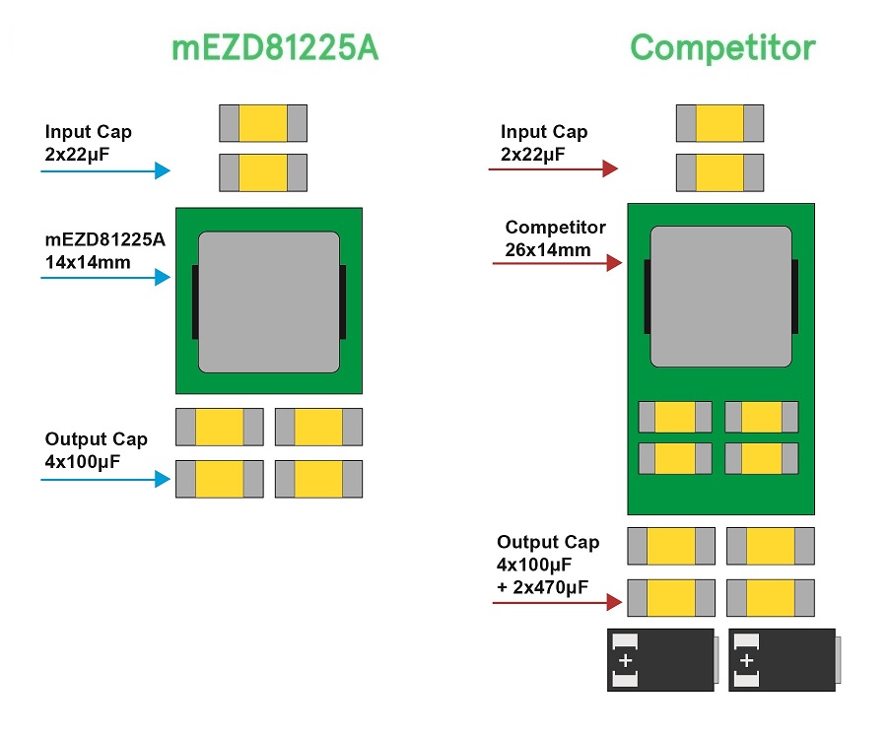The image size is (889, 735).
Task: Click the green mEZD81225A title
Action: [275, 47]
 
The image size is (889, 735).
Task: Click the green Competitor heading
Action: [722, 47]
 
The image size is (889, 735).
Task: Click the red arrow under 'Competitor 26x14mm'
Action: [557, 263]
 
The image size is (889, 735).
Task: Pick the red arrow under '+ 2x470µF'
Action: [557, 599]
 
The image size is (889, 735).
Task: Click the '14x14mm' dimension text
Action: [87, 263]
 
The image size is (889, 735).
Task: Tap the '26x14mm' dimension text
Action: [548, 249]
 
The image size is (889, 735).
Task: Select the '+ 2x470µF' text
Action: [543, 588]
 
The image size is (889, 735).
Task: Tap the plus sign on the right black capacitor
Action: [747, 660]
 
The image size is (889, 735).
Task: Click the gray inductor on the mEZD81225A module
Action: [269, 301]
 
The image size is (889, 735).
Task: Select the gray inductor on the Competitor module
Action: [720, 296]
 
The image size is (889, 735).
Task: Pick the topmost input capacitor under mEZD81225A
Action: [263, 123]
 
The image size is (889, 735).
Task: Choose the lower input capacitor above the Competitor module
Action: [719, 171]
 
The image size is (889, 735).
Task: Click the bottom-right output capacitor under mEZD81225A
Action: [318, 479]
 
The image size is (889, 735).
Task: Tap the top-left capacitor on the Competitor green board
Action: [675, 417]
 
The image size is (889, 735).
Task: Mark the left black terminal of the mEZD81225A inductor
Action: [195, 301]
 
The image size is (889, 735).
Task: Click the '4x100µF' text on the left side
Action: [83, 460]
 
